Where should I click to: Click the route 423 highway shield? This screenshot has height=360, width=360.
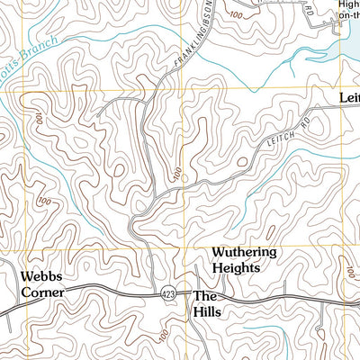(167, 294)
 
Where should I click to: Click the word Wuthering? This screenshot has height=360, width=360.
(244, 253)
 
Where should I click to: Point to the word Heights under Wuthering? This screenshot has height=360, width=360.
(236, 268)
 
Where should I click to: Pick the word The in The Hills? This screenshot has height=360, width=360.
(206, 295)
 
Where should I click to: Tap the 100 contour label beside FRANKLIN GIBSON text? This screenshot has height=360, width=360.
(236, 16)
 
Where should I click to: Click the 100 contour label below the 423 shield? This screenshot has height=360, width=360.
(162, 336)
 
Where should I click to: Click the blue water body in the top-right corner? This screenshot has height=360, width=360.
(347, 40)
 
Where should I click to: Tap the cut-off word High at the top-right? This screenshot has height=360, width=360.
(348, 4)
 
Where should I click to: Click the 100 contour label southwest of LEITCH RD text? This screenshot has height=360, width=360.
(176, 172)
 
